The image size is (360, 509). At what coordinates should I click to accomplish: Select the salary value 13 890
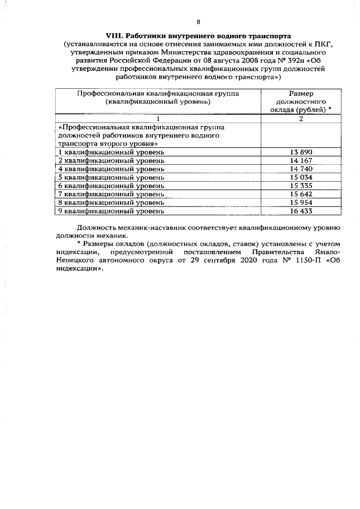point(301,152)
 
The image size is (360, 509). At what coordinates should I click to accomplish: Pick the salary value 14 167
point(301,161)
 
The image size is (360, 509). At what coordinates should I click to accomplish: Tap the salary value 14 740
point(301,169)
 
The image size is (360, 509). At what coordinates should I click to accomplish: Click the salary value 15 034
point(301,178)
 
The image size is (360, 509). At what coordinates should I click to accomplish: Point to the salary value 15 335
point(301,186)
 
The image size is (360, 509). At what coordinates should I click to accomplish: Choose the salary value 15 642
point(301,195)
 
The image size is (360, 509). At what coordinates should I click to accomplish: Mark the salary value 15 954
point(301,202)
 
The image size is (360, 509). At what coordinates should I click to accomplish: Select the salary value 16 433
point(301,211)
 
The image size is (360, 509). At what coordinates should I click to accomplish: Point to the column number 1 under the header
point(158,119)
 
